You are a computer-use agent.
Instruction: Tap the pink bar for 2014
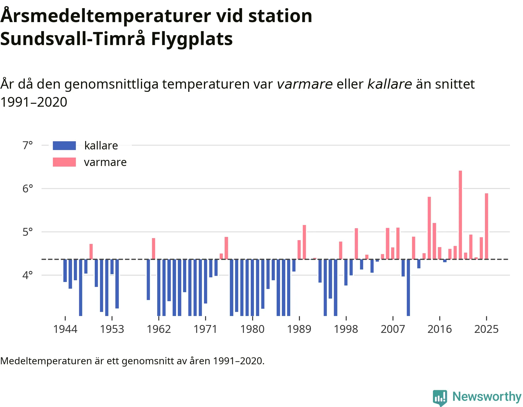point(429,228)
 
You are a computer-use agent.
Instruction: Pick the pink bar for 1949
point(91,251)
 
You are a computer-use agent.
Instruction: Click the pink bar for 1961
point(153,249)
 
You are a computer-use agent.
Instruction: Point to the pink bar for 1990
point(304,242)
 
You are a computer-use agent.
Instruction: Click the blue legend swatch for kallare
point(64,146)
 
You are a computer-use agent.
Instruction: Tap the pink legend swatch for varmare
point(64,162)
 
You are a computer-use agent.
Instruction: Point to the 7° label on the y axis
point(28,145)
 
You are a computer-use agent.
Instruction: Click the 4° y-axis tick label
point(28,275)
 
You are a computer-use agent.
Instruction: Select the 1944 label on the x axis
point(65,329)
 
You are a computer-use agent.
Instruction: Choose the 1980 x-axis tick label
point(252,329)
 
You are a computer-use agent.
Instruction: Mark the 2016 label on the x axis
point(440,329)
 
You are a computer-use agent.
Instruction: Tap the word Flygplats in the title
point(192,39)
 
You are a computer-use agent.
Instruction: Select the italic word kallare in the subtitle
point(390,84)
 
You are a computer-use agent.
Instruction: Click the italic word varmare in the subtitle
point(305,84)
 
